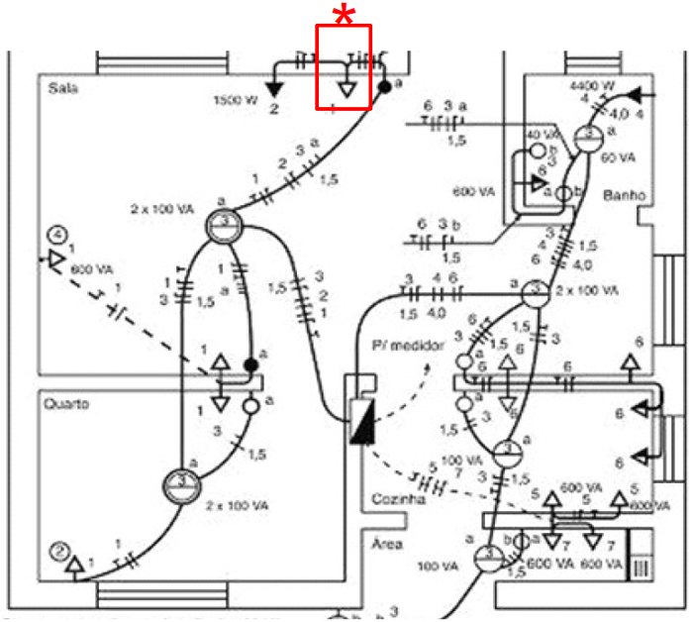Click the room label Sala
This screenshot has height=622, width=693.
coord(61,88)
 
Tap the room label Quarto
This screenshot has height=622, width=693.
coord(66,404)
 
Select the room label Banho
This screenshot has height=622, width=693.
coord(623,196)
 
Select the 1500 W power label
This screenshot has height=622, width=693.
coord(236,100)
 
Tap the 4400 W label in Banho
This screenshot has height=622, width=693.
coord(593,86)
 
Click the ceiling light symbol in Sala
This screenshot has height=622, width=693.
coord(225,227)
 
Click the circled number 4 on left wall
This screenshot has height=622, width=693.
coord(58,236)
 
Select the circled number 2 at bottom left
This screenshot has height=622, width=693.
coord(58,552)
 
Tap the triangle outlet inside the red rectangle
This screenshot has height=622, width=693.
coord(346,88)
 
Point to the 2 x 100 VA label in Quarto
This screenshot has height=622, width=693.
coord(237,505)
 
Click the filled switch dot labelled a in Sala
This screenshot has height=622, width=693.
coord(383,87)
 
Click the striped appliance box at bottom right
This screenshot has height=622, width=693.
coord(641,570)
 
